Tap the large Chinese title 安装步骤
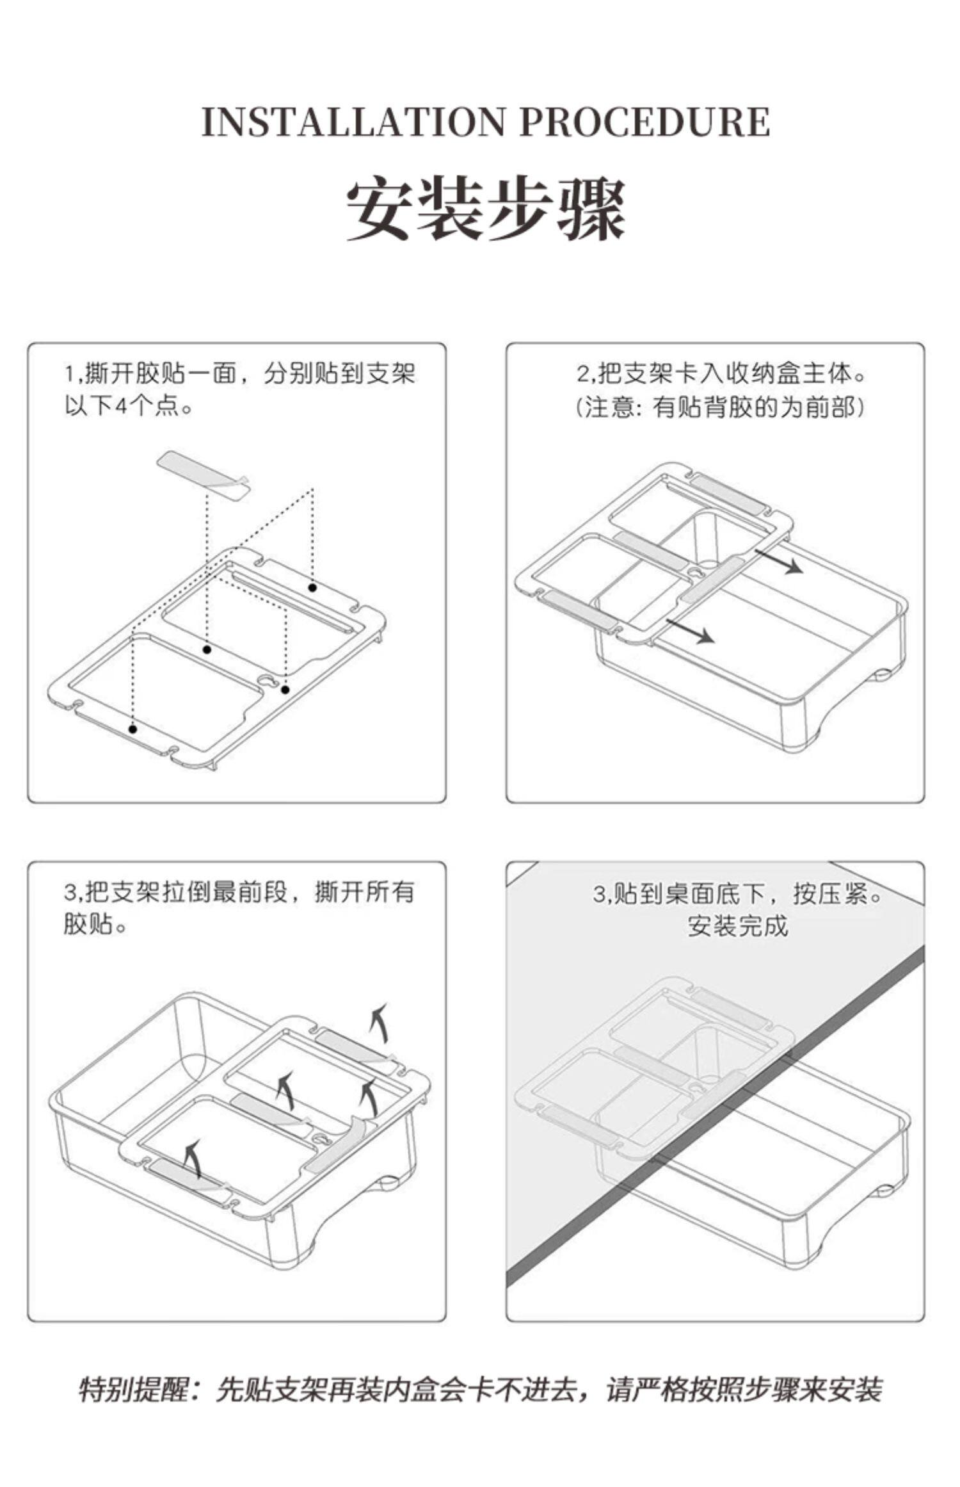click(486, 209)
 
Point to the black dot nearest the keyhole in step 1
click(285, 690)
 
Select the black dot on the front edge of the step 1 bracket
click(133, 729)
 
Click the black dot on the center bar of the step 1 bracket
click(207, 649)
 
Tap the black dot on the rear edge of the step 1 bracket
click(312, 587)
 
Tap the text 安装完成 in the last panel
click(737, 925)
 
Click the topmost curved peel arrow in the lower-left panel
click(380, 1023)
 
